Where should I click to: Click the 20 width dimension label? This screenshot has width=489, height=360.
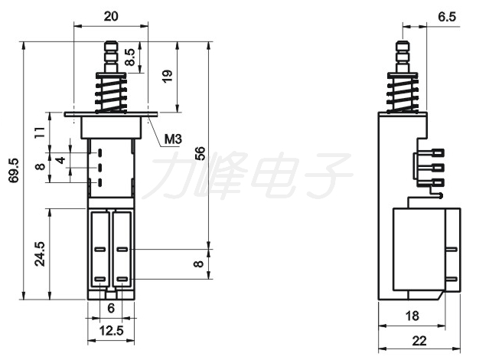[x=111, y=15]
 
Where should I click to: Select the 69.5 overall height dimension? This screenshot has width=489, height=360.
[x=14, y=170]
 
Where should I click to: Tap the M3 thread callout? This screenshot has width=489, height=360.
[x=173, y=139]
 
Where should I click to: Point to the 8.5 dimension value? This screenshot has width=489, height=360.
[x=130, y=57]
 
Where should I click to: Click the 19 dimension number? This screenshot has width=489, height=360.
[x=167, y=76]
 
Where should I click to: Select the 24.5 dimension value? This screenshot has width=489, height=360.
[x=40, y=254]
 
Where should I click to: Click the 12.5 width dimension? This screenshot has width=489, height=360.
[x=111, y=330]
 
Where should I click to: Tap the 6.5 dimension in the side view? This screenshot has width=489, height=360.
[x=447, y=17]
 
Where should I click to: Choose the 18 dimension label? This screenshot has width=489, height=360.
[x=412, y=316]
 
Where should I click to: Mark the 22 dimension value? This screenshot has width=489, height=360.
[x=419, y=341]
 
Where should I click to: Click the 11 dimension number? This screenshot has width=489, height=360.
[x=41, y=132]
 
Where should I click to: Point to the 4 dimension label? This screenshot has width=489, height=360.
[x=60, y=160]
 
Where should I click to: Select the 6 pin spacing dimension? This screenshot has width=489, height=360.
[x=111, y=308]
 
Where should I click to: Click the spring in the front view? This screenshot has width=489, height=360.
[x=111, y=93]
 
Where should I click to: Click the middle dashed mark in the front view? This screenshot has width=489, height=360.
[x=100, y=168]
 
